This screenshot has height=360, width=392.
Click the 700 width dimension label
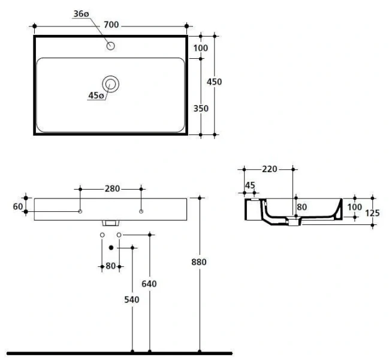point(111,25)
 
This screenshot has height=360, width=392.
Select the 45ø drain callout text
point(96,95)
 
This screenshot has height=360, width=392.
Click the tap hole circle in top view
point(110,46)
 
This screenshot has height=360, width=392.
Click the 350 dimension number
point(201,109)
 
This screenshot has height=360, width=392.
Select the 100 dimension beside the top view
point(201,48)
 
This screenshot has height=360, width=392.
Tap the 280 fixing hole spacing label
point(111,188)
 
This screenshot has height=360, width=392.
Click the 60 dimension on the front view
point(17,206)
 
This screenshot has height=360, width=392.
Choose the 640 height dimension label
point(149,284)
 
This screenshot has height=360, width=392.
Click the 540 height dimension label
point(132,299)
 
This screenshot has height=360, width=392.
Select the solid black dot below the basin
point(111,247)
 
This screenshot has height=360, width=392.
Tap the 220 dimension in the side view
point(269,169)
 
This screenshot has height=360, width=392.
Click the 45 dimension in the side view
point(250,185)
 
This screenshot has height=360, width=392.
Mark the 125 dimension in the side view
point(372,212)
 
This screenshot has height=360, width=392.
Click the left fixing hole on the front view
point(80,211)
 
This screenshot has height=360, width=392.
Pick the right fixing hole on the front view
point(141,211)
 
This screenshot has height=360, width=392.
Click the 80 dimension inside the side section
point(301,207)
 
